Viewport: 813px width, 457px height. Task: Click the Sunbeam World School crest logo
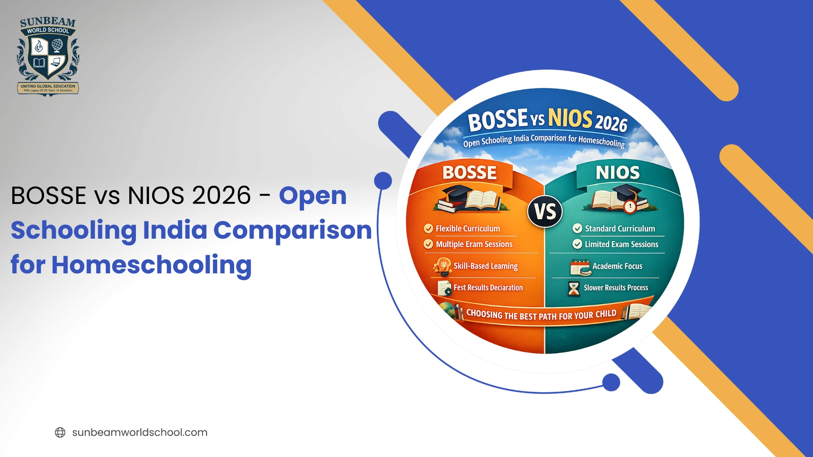(x=48, y=56)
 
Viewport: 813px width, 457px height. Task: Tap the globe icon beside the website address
(x=60, y=432)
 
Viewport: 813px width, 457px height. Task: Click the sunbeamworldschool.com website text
(x=140, y=432)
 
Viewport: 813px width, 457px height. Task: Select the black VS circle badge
(x=545, y=212)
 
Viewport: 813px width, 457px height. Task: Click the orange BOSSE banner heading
(x=470, y=173)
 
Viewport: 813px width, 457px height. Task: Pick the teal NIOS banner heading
(x=617, y=173)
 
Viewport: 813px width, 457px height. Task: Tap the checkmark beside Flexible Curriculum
(x=429, y=229)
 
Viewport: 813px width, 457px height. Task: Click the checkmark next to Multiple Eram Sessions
(x=429, y=245)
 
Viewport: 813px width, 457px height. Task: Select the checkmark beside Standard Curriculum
(x=577, y=228)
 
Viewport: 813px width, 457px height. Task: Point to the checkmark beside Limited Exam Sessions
(x=577, y=244)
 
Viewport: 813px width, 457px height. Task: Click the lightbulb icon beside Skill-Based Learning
(x=443, y=266)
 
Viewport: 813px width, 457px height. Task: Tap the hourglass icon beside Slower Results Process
(x=574, y=288)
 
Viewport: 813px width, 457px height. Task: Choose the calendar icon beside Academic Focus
(x=580, y=267)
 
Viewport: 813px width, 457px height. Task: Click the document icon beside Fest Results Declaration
(x=445, y=288)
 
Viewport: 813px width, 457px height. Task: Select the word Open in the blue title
(x=312, y=196)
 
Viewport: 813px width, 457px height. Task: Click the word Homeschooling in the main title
(x=151, y=265)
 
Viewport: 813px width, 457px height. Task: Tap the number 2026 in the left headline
(x=221, y=195)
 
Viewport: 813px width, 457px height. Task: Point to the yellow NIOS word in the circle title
(x=570, y=118)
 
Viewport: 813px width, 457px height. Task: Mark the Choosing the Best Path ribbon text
(x=541, y=315)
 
